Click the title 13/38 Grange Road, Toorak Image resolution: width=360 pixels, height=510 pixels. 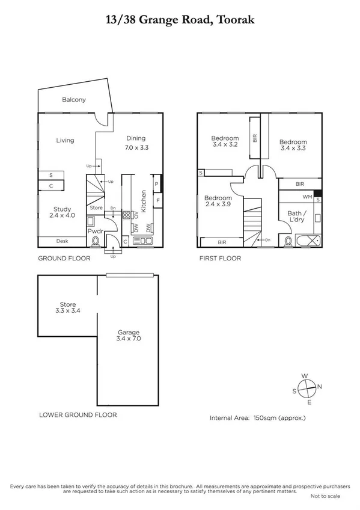tap(180, 20)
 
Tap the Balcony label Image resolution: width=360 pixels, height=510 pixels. tap(75, 100)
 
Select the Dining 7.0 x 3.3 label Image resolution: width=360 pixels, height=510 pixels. tap(136, 142)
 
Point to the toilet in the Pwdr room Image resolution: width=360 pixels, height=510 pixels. tap(96, 242)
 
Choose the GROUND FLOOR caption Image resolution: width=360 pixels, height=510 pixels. tap(64, 259)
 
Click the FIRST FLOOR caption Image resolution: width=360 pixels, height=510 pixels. tap(220, 259)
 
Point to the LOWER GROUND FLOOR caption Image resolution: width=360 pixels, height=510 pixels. tap(78, 415)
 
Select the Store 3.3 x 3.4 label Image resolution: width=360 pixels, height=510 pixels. tap(67, 307)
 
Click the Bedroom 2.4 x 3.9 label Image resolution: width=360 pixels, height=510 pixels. tap(217, 201)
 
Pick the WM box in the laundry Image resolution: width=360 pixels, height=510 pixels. tap(307, 197)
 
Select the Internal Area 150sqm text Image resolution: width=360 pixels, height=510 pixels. tap(257, 417)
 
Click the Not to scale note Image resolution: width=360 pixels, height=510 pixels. tap(325, 496)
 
